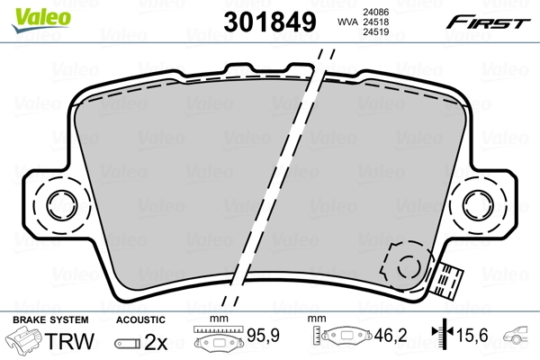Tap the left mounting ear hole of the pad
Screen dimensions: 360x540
pyautogui.click(x=62, y=202)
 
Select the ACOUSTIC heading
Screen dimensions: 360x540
pyautogui.click(x=141, y=320)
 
